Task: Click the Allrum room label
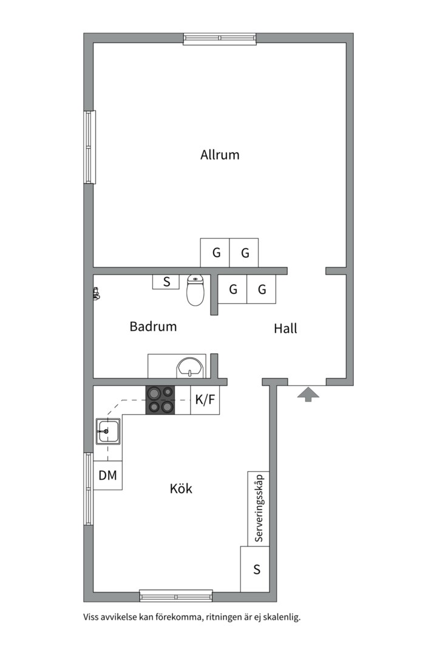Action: [220, 155]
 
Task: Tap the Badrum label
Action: [153, 326]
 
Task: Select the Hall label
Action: [286, 328]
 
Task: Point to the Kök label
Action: [181, 488]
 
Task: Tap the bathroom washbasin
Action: [190, 368]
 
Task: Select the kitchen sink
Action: [108, 432]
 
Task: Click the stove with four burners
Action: [160, 400]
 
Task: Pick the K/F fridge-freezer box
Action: [205, 400]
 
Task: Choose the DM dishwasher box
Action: [107, 475]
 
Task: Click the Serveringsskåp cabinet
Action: [259, 508]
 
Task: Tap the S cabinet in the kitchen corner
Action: [255, 569]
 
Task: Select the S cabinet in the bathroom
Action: [166, 281]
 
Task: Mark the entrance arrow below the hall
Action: [308, 394]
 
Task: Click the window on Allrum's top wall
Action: [220, 39]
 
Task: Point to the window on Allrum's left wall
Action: [89, 147]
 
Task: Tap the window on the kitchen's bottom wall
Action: [176, 596]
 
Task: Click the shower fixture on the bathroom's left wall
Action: [96, 294]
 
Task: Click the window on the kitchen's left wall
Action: [89, 489]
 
